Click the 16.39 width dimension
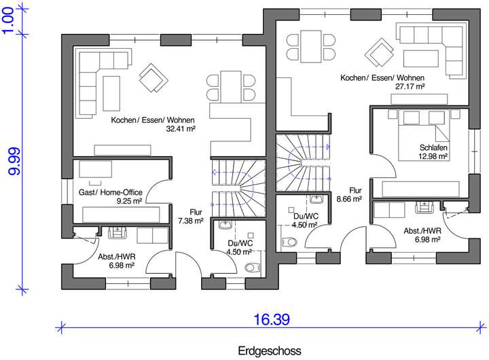(272, 319)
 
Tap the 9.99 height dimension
(14, 161)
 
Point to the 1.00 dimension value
(8, 20)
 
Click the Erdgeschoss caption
(270, 350)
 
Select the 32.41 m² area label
(181, 128)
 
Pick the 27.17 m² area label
(410, 86)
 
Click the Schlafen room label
(433, 147)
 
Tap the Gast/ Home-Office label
(111, 192)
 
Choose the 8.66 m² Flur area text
(349, 199)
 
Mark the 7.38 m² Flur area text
(191, 221)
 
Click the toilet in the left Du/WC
(253, 268)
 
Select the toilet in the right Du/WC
(289, 242)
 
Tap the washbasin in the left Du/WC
(225, 224)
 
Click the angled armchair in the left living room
(153, 77)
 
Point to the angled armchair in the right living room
(379, 52)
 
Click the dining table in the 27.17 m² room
(311, 46)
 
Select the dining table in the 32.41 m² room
(231, 86)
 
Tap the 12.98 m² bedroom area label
(433, 156)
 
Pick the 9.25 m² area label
(130, 200)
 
